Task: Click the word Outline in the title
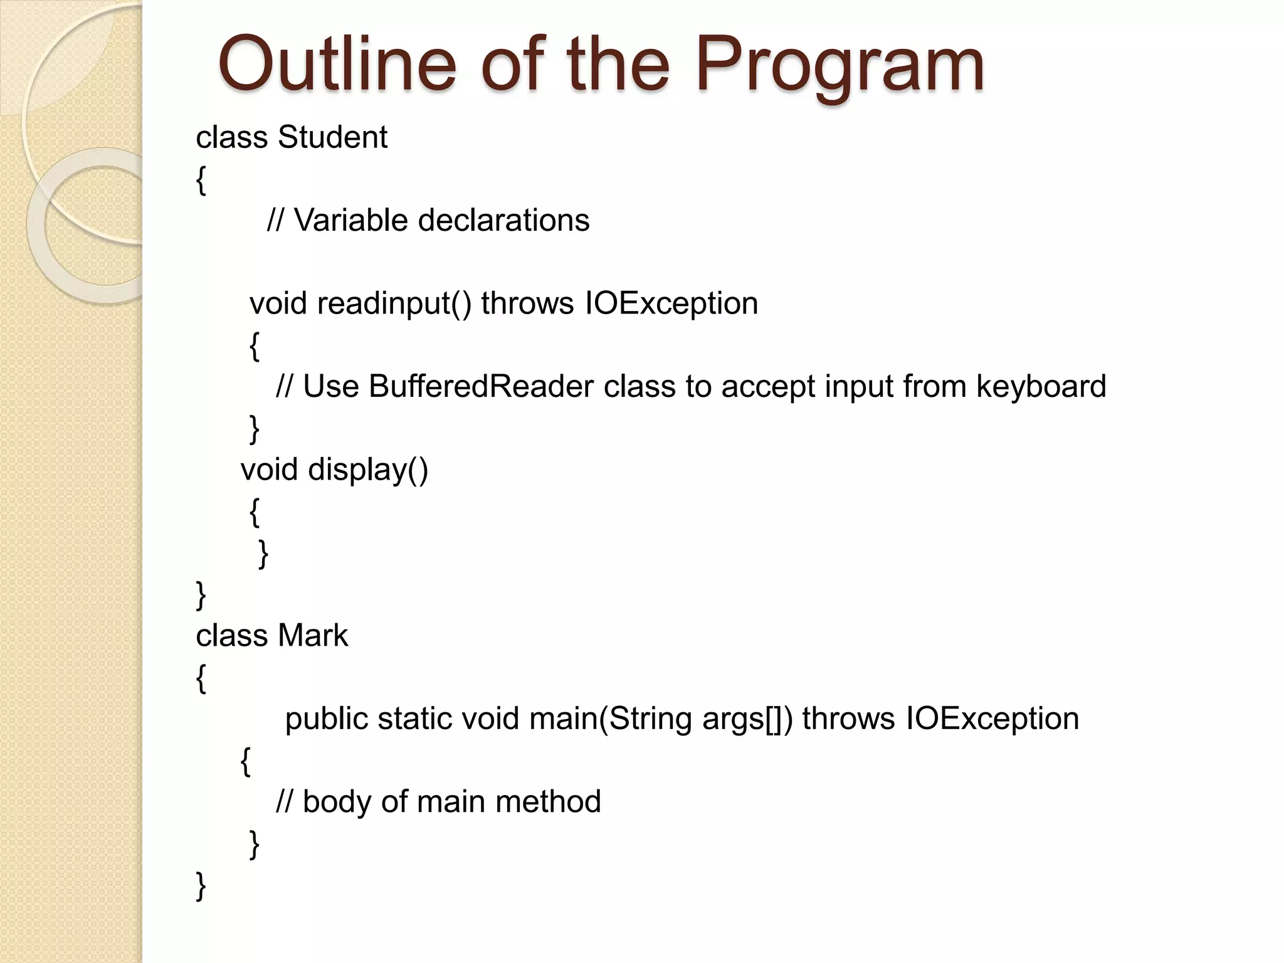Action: point(337,64)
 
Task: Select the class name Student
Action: point(332,137)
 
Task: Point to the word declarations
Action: point(503,220)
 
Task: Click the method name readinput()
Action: point(394,304)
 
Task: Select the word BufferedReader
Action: point(481,386)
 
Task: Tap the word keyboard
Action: point(1041,386)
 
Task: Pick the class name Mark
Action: point(312,636)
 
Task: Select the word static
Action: point(414,718)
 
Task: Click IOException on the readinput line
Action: point(671,304)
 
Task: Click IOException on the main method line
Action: point(992,718)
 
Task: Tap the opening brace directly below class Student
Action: point(201,181)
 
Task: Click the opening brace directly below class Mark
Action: point(201,679)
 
